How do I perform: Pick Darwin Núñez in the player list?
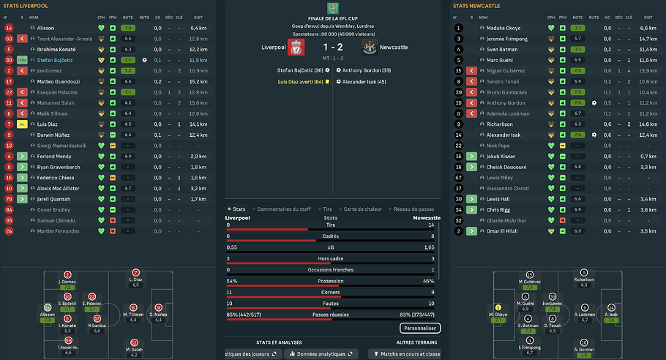[x=53, y=135]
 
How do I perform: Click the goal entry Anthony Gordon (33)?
[x=367, y=70]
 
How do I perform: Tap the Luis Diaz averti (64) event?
[x=300, y=81]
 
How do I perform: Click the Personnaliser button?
[x=419, y=329]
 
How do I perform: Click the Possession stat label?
[x=333, y=281]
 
